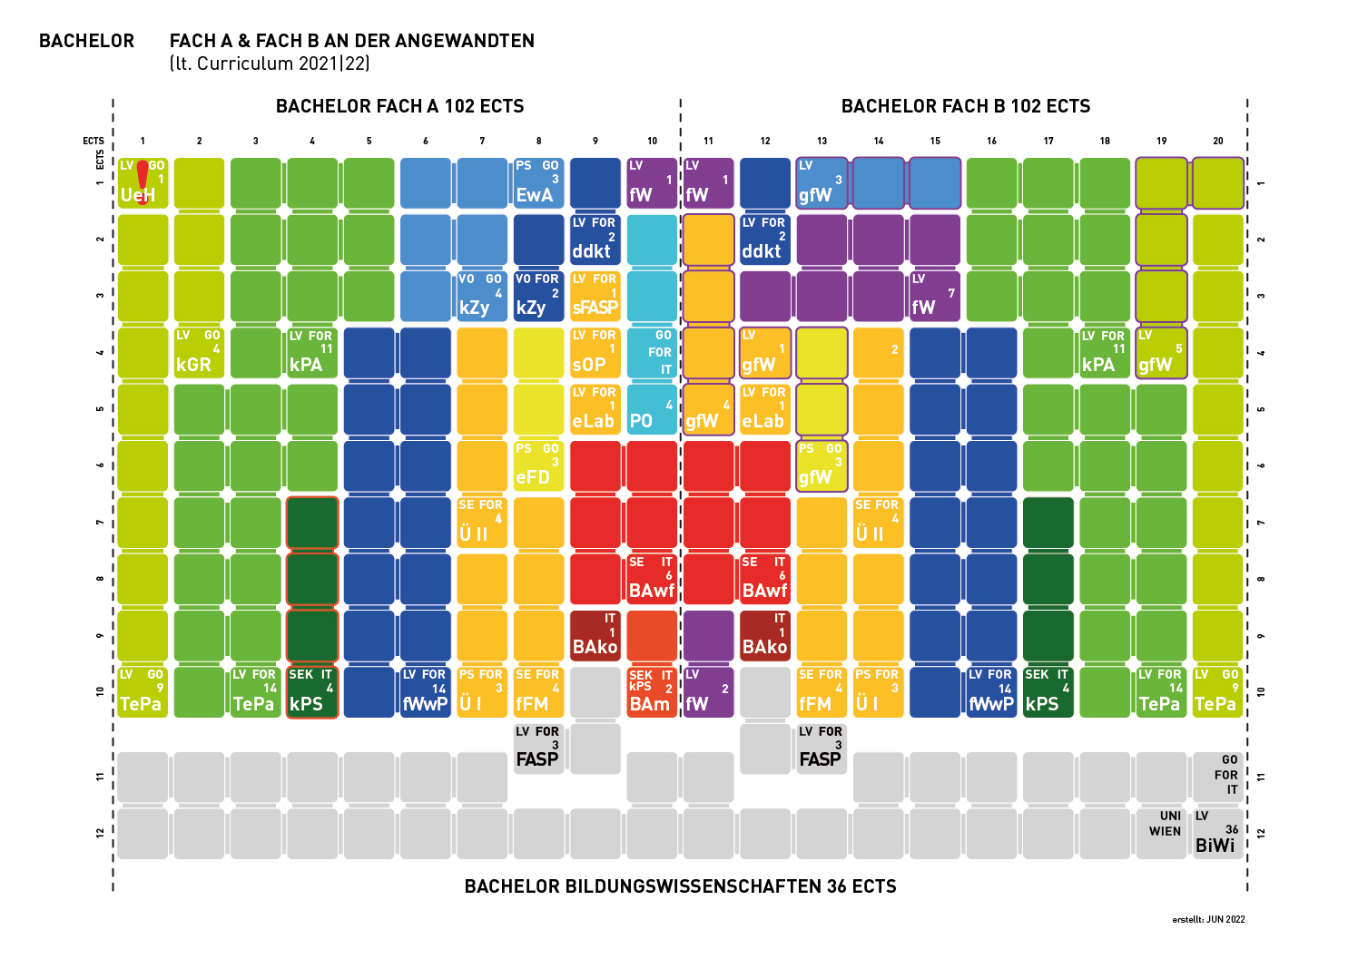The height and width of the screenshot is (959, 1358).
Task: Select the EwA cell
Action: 538,183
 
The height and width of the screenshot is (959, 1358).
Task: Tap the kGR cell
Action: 199,353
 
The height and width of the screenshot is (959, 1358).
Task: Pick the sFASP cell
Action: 595,297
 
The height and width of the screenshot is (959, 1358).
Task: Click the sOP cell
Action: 595,353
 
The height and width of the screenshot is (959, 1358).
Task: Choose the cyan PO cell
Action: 652,410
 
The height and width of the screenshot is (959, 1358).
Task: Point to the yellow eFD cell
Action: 538,466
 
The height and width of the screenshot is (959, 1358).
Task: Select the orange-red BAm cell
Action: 652,692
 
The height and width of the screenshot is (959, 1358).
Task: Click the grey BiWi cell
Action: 1217,833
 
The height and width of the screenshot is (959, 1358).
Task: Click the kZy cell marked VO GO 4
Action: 482,297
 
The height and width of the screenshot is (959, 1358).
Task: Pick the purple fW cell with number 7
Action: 934,297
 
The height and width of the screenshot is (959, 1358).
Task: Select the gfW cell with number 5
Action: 1161,353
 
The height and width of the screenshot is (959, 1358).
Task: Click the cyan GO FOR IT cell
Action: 652,353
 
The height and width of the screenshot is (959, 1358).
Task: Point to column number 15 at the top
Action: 935,141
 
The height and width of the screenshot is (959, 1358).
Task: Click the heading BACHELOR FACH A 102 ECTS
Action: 399,106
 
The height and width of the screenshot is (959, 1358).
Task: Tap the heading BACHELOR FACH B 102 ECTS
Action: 966,106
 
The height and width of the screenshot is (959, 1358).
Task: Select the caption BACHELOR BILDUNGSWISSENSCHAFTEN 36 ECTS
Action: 680,886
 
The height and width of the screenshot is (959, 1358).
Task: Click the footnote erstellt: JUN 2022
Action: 1208,919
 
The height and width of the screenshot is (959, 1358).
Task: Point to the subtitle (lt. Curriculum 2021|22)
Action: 270,64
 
